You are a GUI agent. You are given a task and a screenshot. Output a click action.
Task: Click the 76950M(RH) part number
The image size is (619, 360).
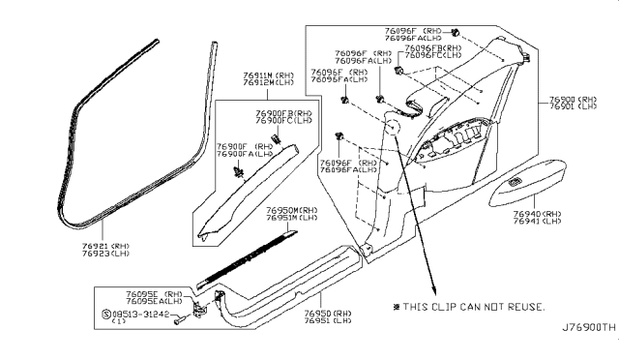[292, 209]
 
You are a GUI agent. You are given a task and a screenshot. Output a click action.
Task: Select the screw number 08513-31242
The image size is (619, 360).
[151, 314]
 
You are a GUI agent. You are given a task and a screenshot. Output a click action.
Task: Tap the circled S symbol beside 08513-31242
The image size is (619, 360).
[106, 314]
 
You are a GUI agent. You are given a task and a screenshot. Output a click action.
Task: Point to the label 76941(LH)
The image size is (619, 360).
[567, 223]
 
